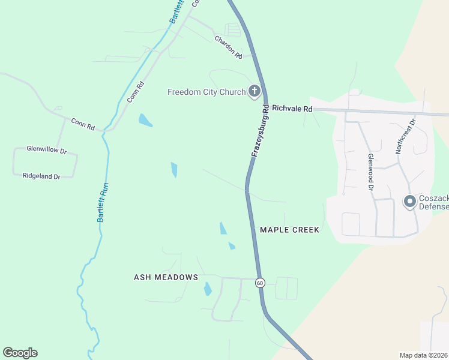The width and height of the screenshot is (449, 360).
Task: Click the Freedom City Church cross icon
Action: [x=255, y=92]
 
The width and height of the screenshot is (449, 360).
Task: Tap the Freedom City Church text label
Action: [x=206, y=92]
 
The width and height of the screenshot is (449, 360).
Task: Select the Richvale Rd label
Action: [x=292, y=109]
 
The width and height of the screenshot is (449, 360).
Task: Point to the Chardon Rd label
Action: [x=228, y=47]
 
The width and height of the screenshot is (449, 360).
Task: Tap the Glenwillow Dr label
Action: [x=46, y=149]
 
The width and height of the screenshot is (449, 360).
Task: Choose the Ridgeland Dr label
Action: [x=41, y=176]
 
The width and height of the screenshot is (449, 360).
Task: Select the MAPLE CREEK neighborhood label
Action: [x=289, y=230]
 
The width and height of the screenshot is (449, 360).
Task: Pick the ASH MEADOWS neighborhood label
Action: [x=166, y=277]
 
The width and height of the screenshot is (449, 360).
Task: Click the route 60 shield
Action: [x=259, y=282]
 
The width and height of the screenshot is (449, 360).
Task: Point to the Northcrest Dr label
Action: [x=406, y=136]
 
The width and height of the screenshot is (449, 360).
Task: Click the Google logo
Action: [x=20, y=353]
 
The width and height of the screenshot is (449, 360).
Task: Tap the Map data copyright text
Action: [x=424, y=355]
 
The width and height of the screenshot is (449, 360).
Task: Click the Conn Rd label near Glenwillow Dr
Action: [x=83, y=124]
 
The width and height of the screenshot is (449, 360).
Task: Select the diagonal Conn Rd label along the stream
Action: [x=136, y=92]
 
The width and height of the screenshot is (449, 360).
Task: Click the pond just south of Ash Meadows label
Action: [x=208, y=289]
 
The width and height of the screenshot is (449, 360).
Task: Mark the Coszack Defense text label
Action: [x=433, y=202]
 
